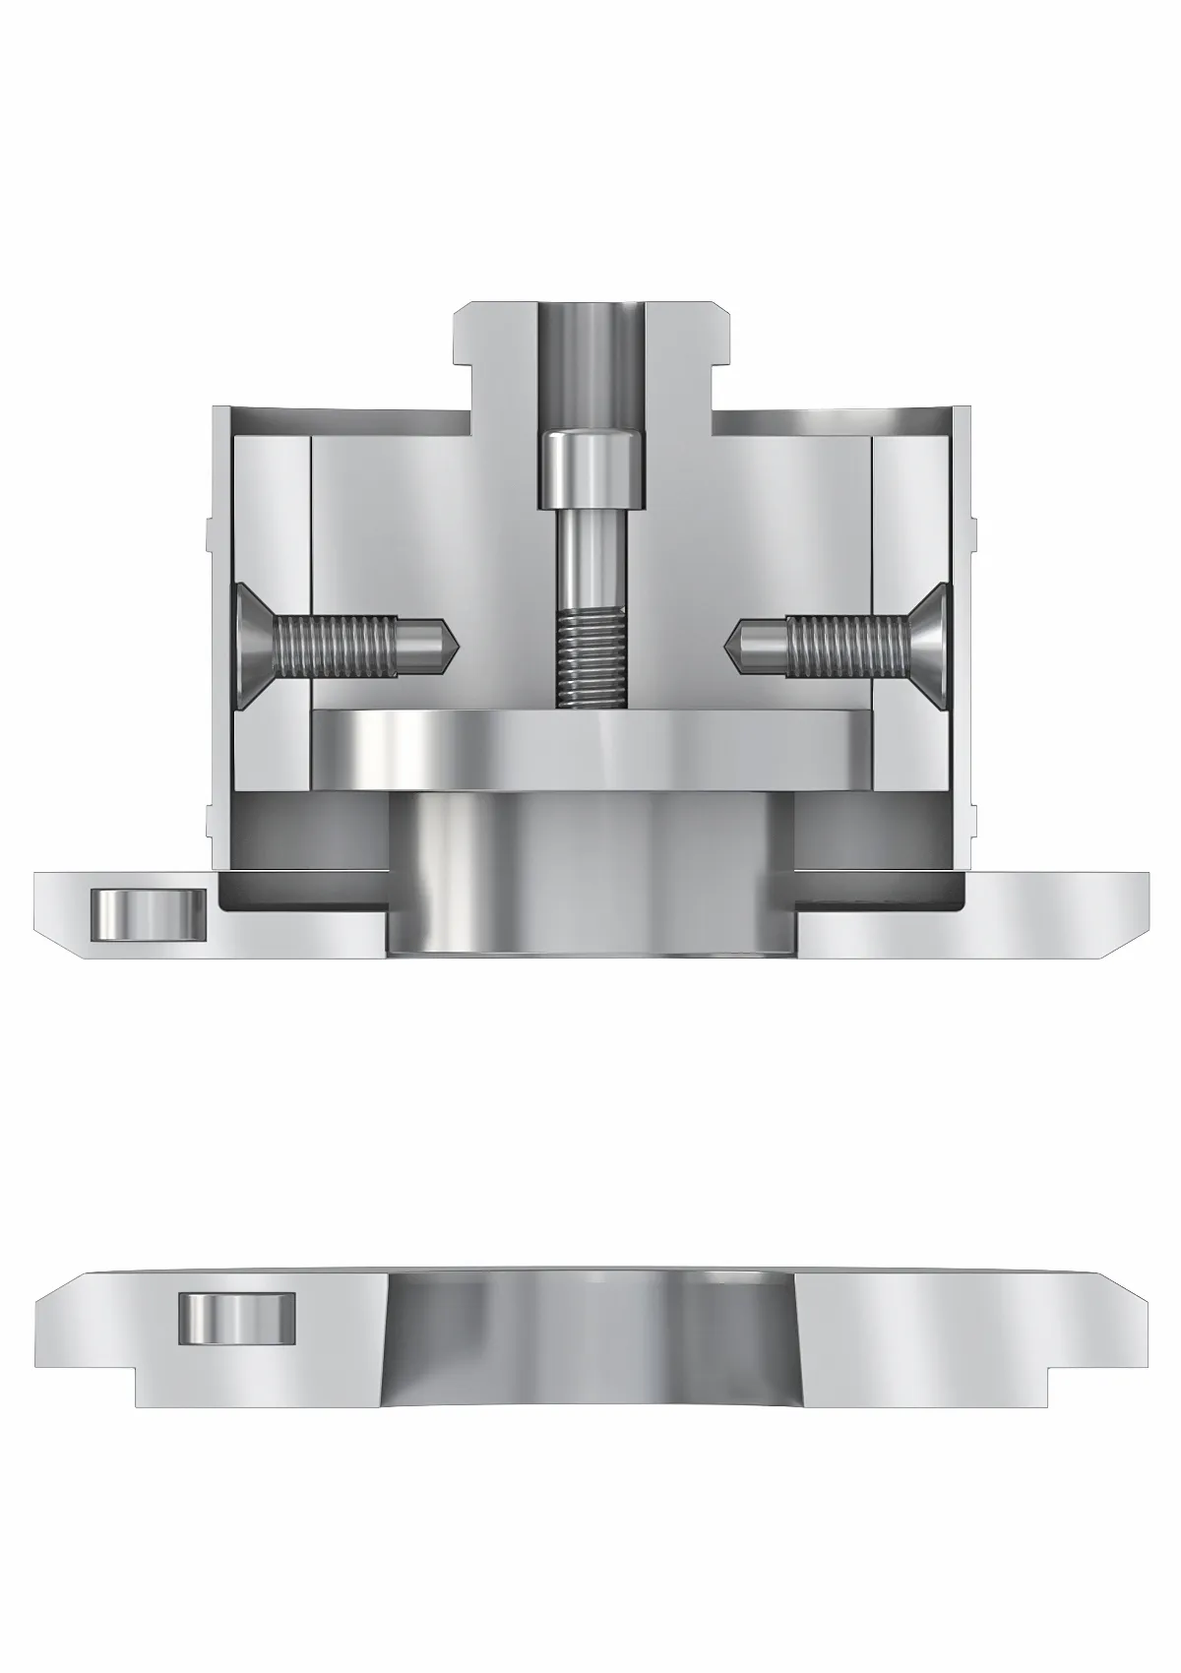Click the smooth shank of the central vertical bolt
590,561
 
